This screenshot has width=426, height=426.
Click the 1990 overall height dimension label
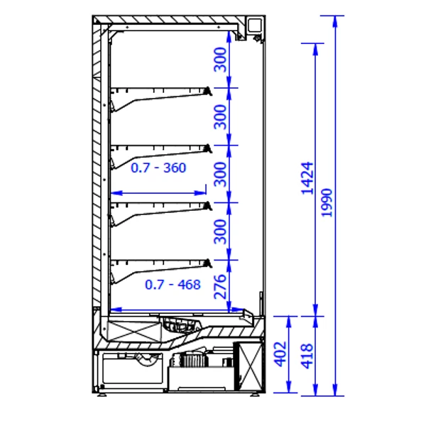[327, 202]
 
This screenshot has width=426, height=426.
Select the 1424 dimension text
[307, 178]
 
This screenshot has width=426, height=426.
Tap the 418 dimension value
[307, 356]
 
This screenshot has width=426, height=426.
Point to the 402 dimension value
[280, 354]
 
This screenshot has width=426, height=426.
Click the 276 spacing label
[220, 287]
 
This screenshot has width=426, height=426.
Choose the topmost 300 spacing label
[220, 60]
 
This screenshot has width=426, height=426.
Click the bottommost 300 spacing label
[220, 231]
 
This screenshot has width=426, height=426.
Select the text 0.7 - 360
[158, 168]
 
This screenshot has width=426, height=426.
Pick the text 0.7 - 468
[173, 285]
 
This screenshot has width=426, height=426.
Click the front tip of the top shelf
[209, 91]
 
